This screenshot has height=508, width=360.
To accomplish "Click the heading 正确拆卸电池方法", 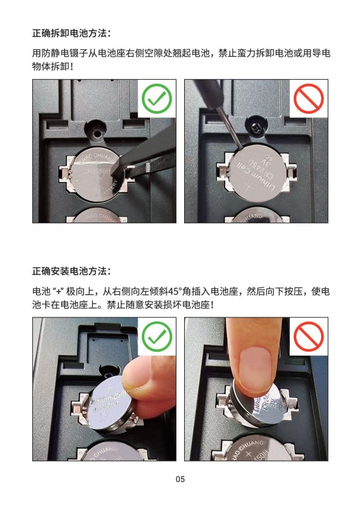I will click(x=71, y=33).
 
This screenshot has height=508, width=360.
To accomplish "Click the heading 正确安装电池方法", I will click(x=71, y=271).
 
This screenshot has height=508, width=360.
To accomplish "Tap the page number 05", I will click(x=180, y=479).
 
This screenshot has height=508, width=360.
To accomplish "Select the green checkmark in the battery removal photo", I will click(x=157, y=99).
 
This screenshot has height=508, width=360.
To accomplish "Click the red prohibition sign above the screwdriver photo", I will click(x=308, y=99).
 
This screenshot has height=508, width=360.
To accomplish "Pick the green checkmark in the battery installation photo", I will click(x=157, y=336).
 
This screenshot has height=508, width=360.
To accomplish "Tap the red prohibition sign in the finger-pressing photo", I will click(x=308, y=336).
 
